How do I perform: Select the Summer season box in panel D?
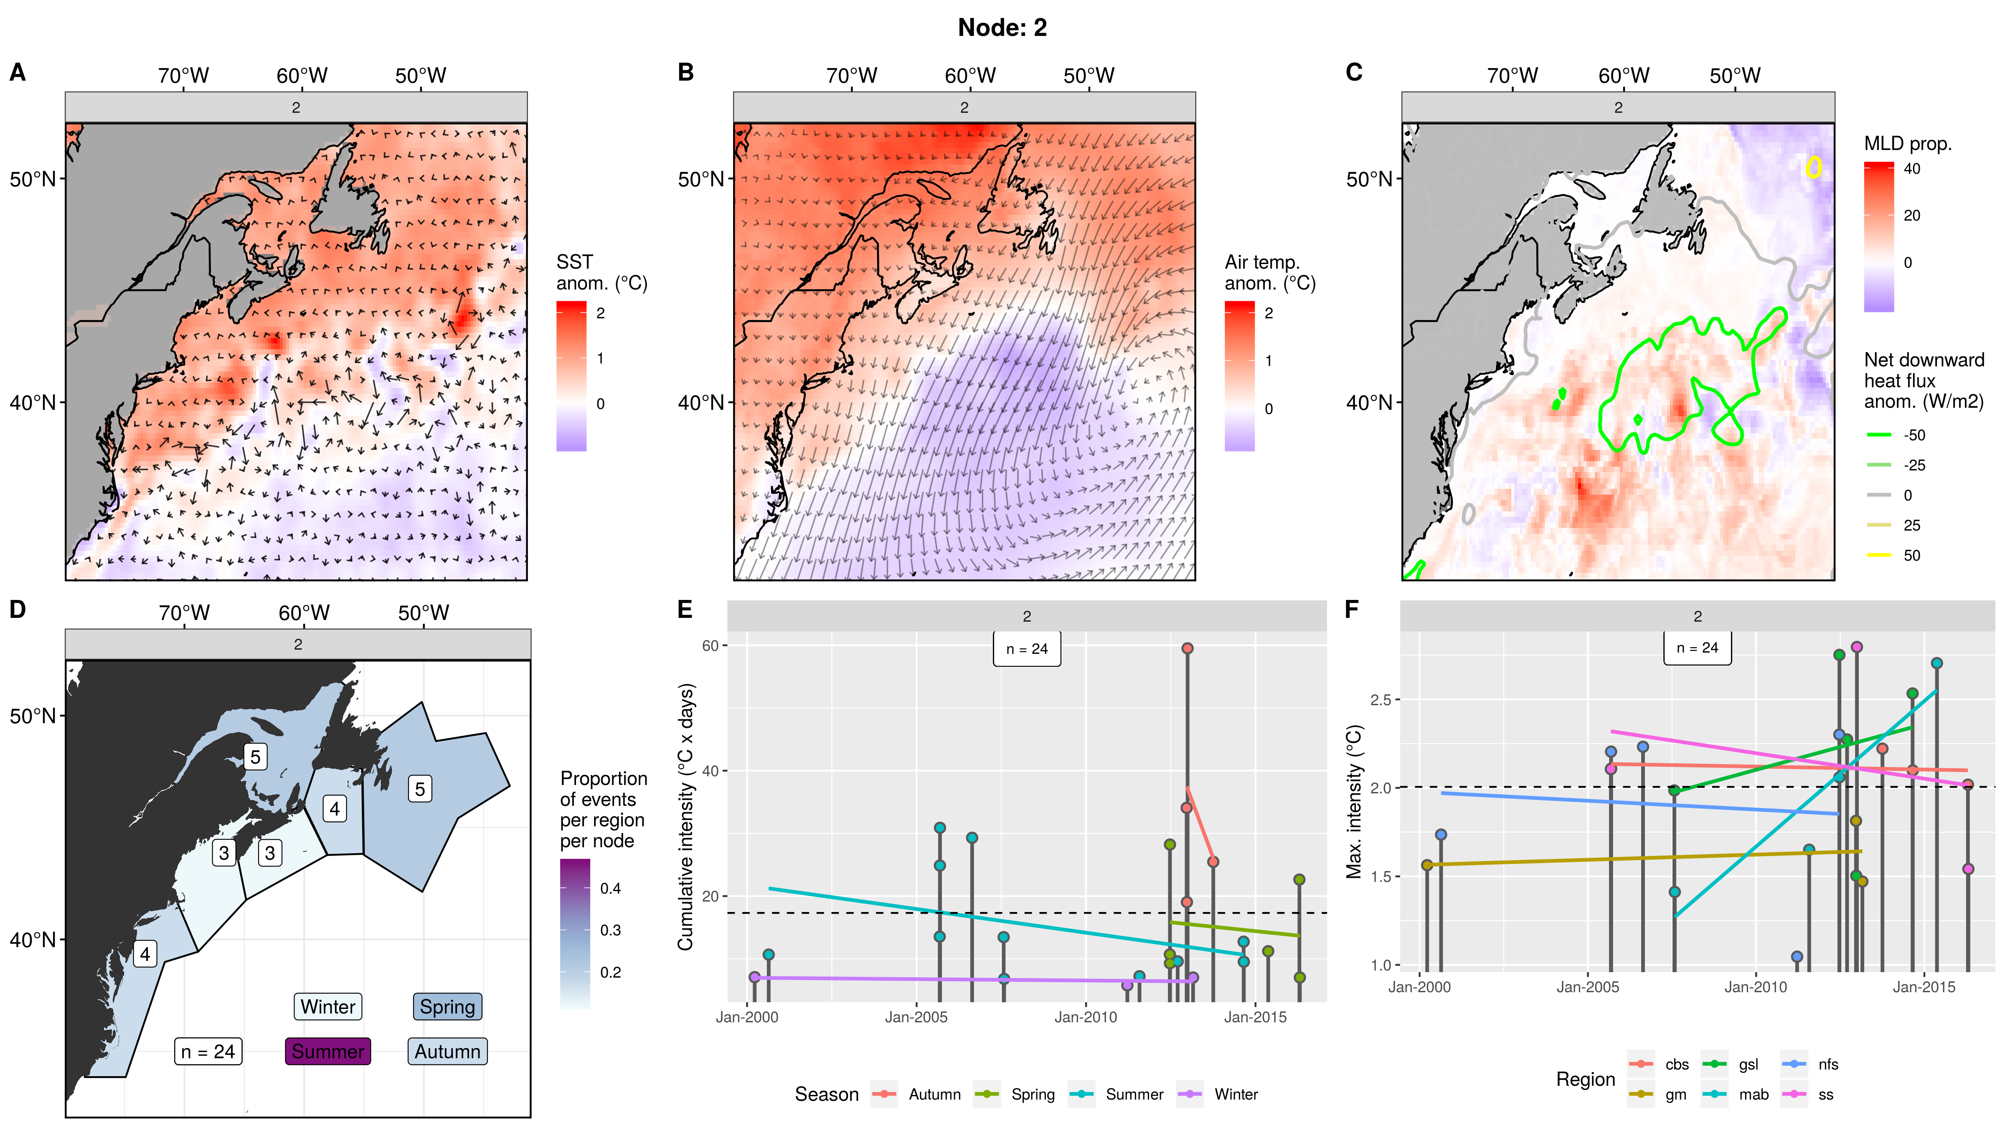[327, 1051]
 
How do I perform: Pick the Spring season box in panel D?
[447, 1006]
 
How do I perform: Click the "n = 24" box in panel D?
[208, 1051]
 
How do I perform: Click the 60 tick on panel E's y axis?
[710, 645]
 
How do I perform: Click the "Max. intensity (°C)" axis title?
[1355, 802]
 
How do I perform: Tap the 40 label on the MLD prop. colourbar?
[1911, 169]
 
